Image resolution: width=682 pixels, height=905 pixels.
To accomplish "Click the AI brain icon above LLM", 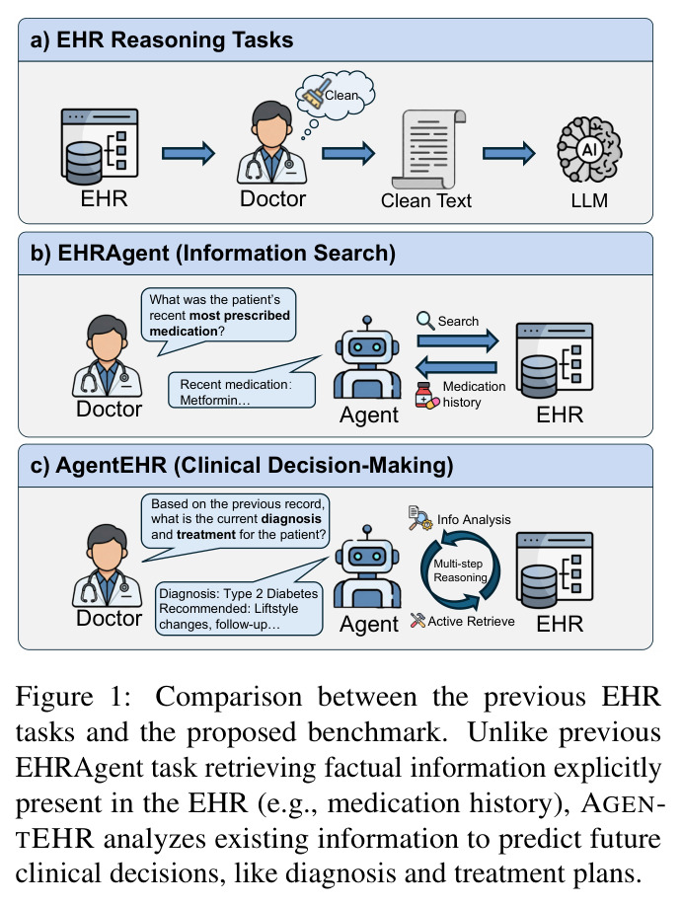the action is (588, 149).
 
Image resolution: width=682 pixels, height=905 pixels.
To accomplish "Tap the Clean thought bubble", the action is (335, 95).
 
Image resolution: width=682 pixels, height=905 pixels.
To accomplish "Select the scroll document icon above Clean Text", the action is (428, 149).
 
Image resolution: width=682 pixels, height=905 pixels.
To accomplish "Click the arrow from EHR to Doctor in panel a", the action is (189, 153).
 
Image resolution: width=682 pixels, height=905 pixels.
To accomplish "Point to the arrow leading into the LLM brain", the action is (509, 153).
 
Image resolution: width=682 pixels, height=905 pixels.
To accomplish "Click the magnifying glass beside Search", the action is (425, 320).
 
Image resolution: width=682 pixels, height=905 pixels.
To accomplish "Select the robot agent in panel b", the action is (367, 357).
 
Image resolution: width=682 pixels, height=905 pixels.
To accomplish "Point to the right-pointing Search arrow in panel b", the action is (458, 340).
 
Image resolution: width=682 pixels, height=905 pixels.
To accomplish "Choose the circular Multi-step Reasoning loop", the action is (460, 570).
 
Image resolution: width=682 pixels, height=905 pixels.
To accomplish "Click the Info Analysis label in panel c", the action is (474, 519).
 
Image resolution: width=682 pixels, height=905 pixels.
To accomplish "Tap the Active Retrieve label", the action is (471, 621).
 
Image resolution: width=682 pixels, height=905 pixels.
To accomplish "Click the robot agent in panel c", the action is (367, 566).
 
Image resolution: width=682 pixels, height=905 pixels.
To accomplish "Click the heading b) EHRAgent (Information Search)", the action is (213, 254).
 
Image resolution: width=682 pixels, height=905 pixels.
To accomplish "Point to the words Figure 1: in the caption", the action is (73, 697).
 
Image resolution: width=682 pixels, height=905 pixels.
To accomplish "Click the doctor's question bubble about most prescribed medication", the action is (219, 320).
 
